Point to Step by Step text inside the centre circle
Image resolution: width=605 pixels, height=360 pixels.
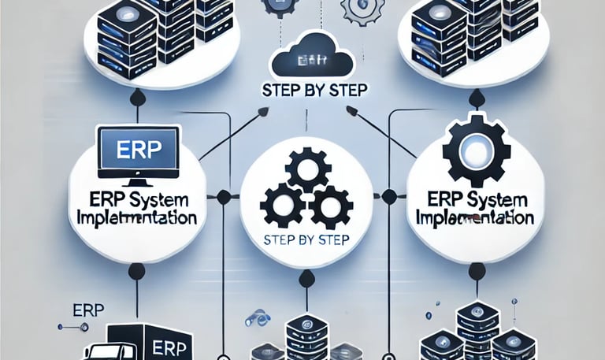[x=302, y=239]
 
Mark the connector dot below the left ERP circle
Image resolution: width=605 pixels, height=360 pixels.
[x=135, y=273]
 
